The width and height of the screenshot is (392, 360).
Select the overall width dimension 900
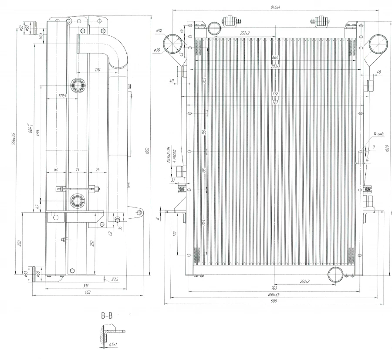click(274, 302)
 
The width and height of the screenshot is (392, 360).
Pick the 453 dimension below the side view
click(88, 292)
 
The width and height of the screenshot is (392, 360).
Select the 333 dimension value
click(85, 285)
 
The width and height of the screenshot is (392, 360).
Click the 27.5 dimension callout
click(115, 279)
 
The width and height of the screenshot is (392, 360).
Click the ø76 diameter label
click(159, 31)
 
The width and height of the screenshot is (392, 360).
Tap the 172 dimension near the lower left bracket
click(175, 234)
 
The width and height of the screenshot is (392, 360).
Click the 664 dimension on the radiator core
click(274, 58)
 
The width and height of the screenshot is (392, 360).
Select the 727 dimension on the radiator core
click(275, 102)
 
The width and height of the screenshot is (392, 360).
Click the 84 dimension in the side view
click(56, 170)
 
